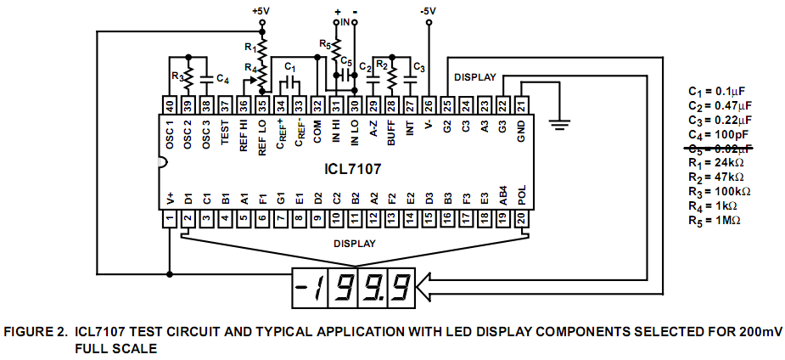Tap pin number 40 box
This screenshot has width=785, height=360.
pyautogui.click(x=171, y=105)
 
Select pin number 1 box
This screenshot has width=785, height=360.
pyautogui.click(x=170, y=219)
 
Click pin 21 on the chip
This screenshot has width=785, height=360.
pyautogui.click(x=522, y=105)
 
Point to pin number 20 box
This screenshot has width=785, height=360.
pyautogui.click(x=522, y=219)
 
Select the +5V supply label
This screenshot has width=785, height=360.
pyautogui.click(x=261, y=11)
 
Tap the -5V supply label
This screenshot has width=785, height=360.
pyautogui.click(x=429, y=11)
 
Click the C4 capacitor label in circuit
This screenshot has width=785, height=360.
pyautogui.click(x=222, y=79)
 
